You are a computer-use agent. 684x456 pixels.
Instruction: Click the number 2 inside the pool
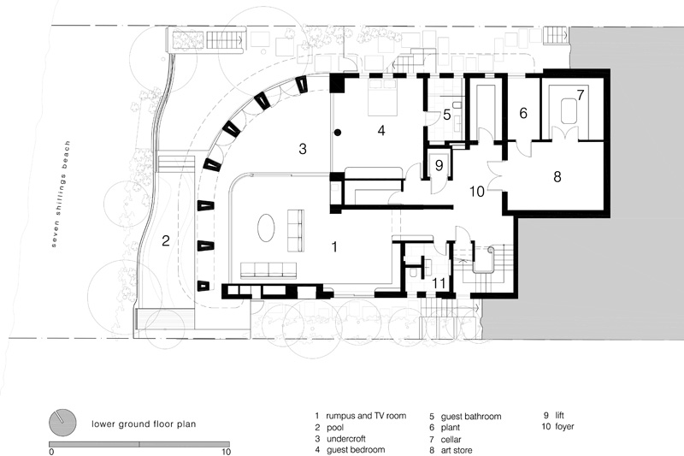tap(165, 240)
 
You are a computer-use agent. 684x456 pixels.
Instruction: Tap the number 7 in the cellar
tap(580, 95)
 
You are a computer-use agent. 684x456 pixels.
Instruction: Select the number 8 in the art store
tap(557, 177)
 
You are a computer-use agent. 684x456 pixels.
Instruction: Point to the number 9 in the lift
tap(439, 165)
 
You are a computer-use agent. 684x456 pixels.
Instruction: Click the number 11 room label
tap(439, 284)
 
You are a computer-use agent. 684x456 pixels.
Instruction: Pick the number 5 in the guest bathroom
tap(446, 115)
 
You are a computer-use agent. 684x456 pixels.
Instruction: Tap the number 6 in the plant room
tap(523, 113)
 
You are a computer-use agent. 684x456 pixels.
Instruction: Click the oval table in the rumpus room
tap(266, 228)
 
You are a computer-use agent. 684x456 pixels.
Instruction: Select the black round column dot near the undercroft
tap(337, 132)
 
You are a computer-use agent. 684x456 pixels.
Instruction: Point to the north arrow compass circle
tap(62, 423)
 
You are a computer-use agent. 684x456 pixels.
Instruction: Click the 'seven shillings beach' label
tap(61, 194)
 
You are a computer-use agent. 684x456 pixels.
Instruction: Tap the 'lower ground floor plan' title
tap(144, 423)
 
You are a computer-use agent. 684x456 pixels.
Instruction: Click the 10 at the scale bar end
tap(226, 452)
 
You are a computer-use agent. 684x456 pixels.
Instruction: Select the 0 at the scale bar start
tap(51, 452)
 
